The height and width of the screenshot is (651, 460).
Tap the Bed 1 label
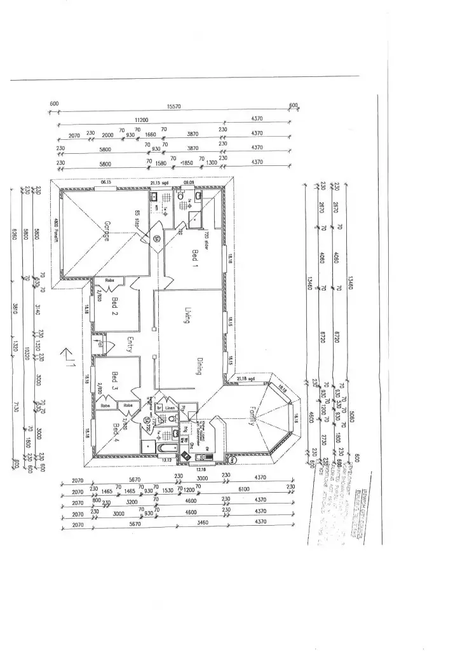pos(194,260)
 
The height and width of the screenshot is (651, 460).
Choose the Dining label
pos(198,365)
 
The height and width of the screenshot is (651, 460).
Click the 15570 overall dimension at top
pos(174,107)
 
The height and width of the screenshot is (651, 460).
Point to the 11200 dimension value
pos(140,120)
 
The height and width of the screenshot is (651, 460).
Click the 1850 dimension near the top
pos(186,163)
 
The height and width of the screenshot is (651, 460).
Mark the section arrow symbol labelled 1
pos(68,358)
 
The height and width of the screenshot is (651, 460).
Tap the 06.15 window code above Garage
pos(106,182)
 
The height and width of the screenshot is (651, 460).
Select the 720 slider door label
pos(206,240)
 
